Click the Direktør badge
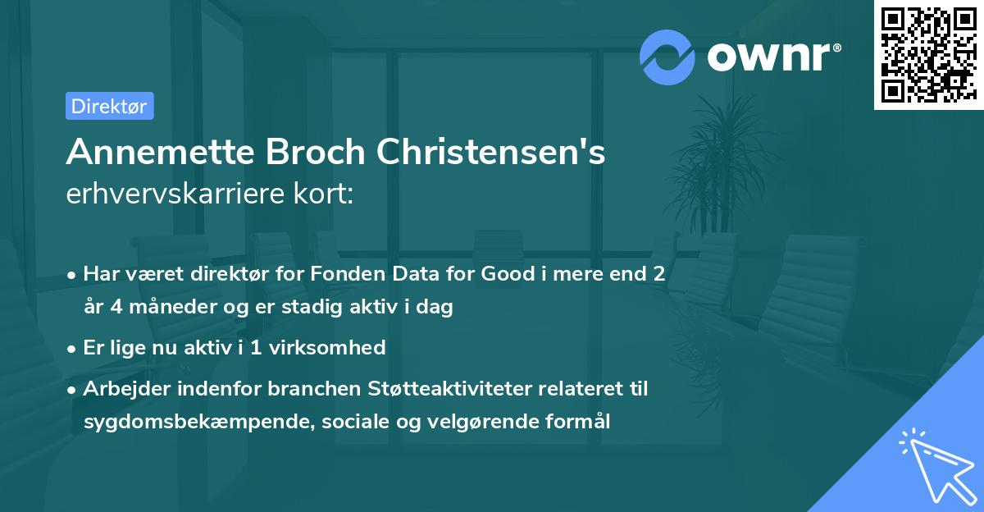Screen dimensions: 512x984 coord(109,107)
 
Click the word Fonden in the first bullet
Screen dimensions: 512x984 coord(344,275)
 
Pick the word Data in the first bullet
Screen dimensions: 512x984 coord(411,275)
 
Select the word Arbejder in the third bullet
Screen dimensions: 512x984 coord(123,388)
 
